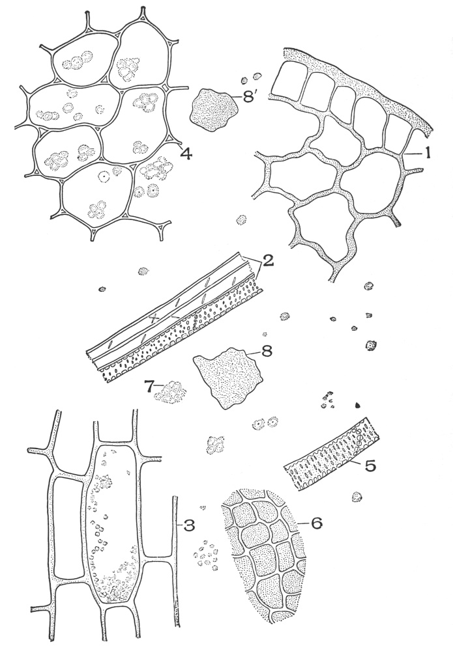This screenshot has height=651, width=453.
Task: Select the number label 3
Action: [190, 525]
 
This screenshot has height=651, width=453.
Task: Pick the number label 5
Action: [370, 465]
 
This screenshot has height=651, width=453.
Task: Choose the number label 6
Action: [316, 523]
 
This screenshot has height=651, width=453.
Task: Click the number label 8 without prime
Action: [267, 352]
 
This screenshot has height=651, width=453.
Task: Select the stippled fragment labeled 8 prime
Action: [214, 110]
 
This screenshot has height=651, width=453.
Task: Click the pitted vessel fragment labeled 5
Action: [331, 454]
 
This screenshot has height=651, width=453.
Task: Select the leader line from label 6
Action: [303, 523]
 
